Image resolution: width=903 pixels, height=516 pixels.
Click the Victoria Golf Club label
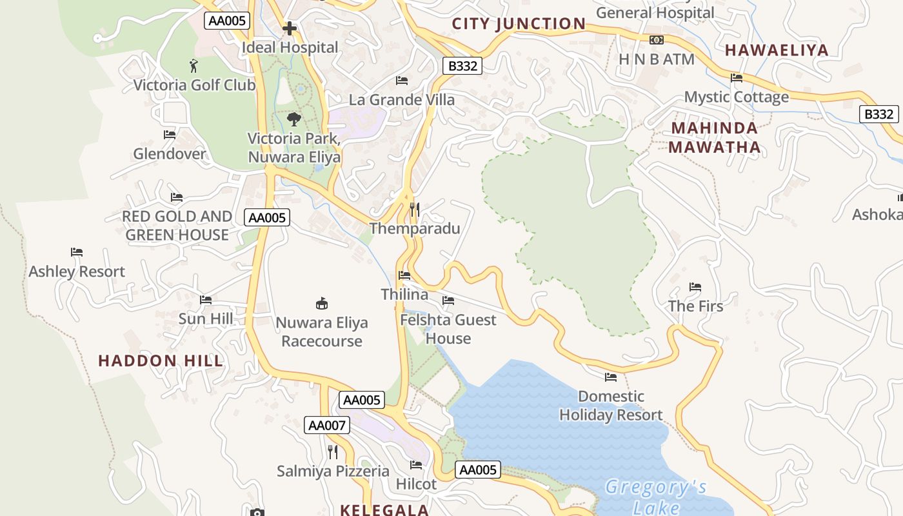tap(194, 84)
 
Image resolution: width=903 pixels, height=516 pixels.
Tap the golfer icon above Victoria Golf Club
tap(193, 65)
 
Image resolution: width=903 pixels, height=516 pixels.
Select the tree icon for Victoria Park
tap(294, 119)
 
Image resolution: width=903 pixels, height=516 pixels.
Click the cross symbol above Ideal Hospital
tap(290, 28)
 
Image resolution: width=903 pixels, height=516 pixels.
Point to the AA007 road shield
tap(327, 425)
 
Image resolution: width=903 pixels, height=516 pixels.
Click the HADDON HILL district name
tap(161, 361)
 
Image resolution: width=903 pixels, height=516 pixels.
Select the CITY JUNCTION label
tap(519, 24)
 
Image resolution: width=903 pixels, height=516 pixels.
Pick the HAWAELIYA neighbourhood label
tap(777, 50)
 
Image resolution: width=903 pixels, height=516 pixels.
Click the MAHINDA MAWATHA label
tap(714, 137)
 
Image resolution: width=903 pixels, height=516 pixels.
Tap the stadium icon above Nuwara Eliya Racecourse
tap(322, 303)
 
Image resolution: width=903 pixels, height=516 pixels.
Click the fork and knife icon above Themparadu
tap(415, 210)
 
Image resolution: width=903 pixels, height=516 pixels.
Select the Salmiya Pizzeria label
tap(333, 471)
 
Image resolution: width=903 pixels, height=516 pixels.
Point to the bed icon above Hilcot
tap(416, 464)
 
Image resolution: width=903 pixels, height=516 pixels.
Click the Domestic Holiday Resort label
tap(611, 406)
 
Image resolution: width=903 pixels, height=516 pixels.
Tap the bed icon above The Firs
tap(695, 286)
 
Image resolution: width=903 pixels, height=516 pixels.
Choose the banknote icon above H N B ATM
tap(657, 40)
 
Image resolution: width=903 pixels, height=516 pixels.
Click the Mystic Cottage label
tap(736, 97)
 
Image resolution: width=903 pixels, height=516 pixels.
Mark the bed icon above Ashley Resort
tap(77, 252)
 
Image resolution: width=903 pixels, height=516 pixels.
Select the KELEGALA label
tap(384, 510)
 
